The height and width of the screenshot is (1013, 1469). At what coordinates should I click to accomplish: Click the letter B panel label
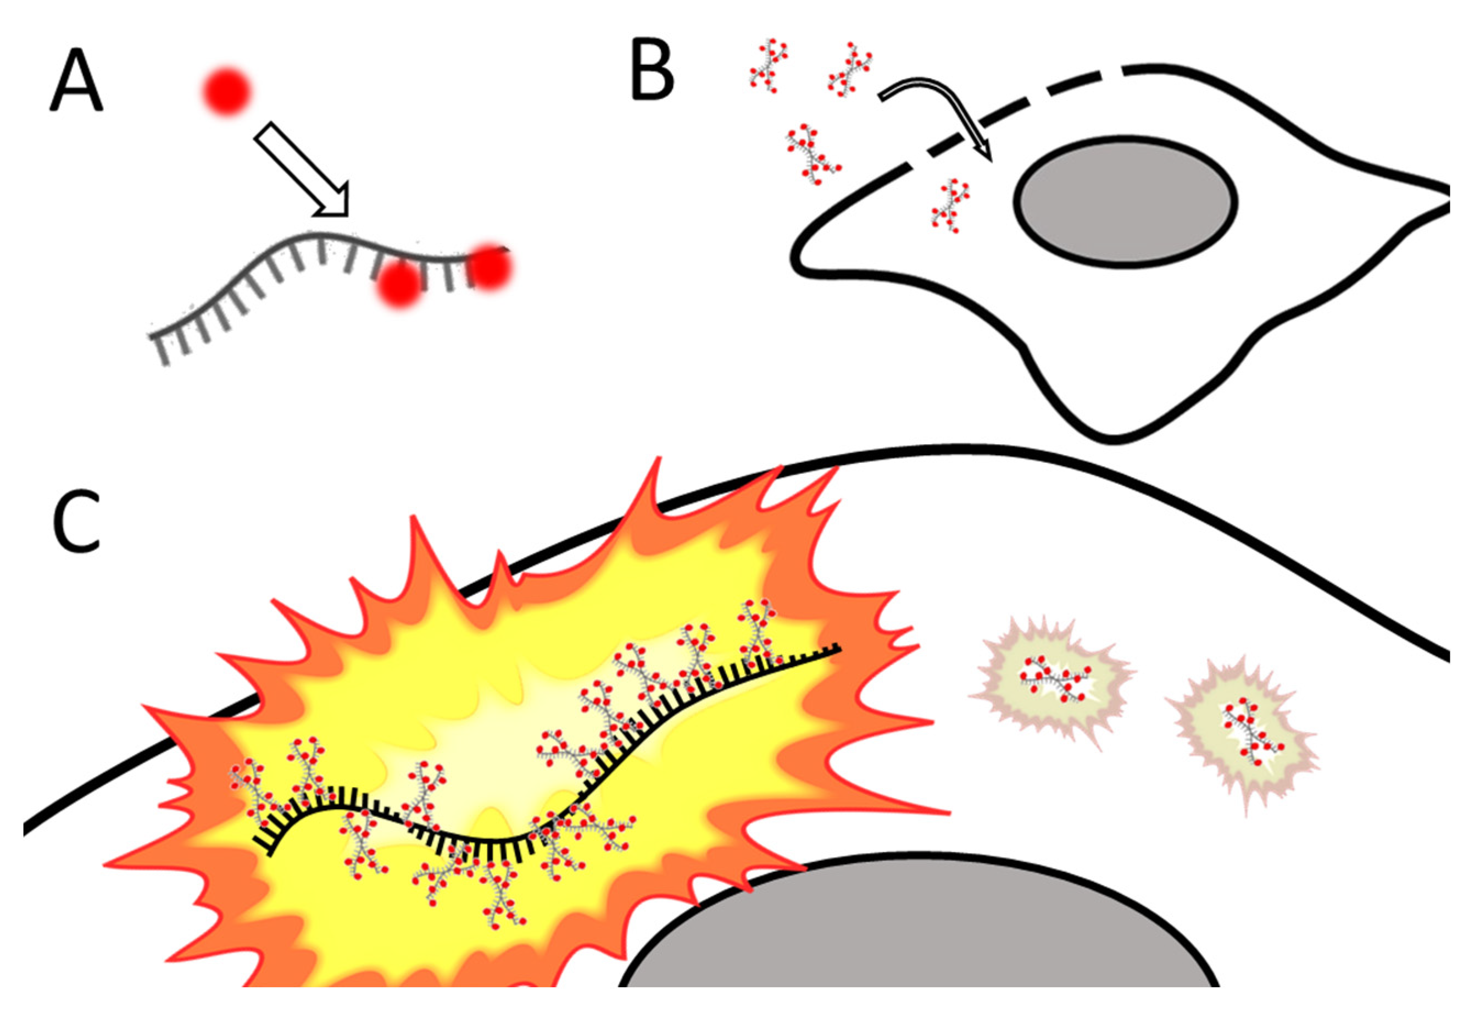click(x=652, y=78)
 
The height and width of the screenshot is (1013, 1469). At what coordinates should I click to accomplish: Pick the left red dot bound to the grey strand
click(x=401, y=283)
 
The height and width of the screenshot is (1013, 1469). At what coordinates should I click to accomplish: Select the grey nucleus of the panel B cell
click(x=1125, y=200)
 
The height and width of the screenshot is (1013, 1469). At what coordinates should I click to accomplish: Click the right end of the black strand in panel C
click(x=838, y=649)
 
